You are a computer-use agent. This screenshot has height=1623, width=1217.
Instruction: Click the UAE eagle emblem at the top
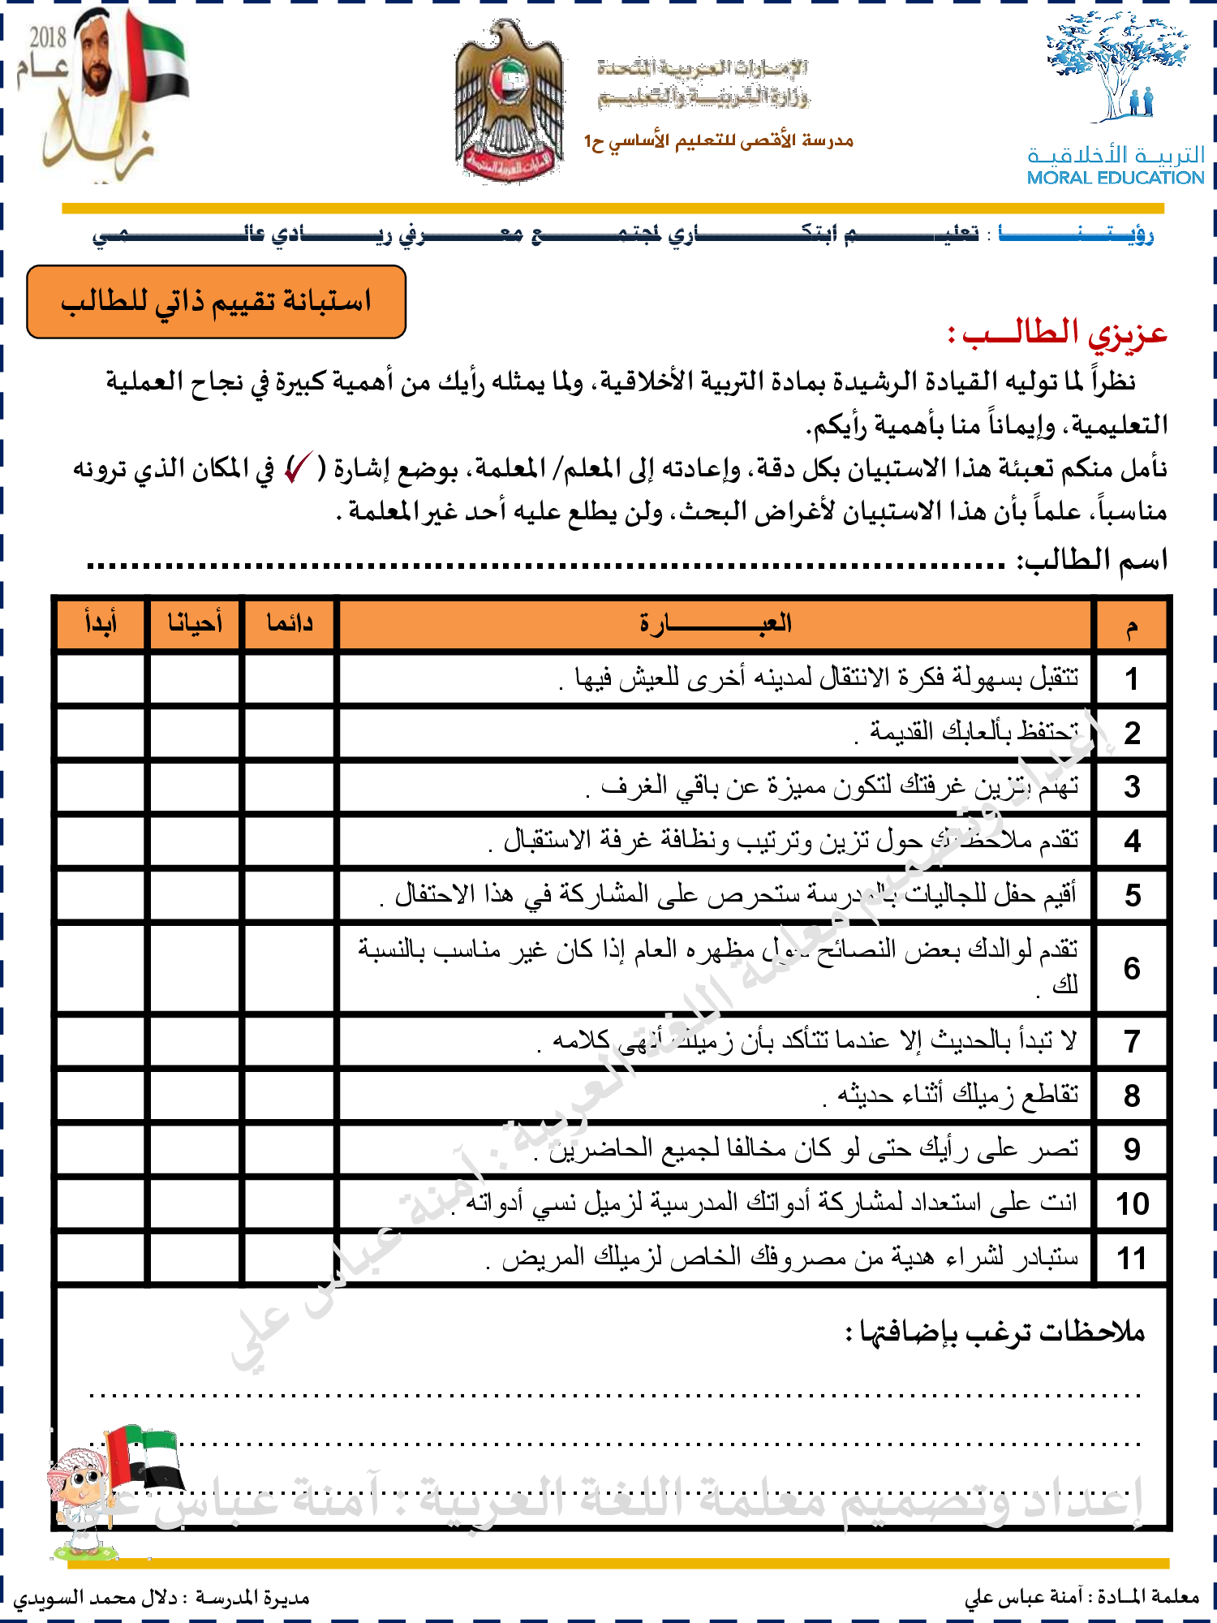pos(509,101)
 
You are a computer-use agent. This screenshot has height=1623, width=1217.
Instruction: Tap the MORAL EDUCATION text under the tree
pos(1115,178)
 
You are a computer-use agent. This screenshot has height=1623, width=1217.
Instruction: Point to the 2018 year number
pos(48,37)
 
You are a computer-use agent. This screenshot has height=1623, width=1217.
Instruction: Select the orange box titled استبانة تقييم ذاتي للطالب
pos(216,302)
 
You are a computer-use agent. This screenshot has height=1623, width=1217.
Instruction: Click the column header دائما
pos(290,623)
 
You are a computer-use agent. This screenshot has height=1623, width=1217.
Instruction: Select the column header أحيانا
pos(195,623)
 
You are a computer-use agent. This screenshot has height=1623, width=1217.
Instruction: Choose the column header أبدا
pos(101,623)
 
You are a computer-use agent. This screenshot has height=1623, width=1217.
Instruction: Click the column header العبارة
pos(715,623)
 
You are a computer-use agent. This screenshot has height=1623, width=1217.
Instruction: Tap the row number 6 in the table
pos(1132,968)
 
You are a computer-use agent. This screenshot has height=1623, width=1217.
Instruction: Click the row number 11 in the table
pos(1132,1259)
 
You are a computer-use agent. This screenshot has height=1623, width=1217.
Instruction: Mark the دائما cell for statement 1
pos(290,678)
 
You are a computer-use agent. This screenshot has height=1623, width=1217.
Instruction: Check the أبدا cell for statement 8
pos(101,1096)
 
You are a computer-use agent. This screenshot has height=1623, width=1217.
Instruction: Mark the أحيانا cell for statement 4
pos(195,841)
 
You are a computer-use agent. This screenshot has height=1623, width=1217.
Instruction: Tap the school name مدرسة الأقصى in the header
pos(719,141)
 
